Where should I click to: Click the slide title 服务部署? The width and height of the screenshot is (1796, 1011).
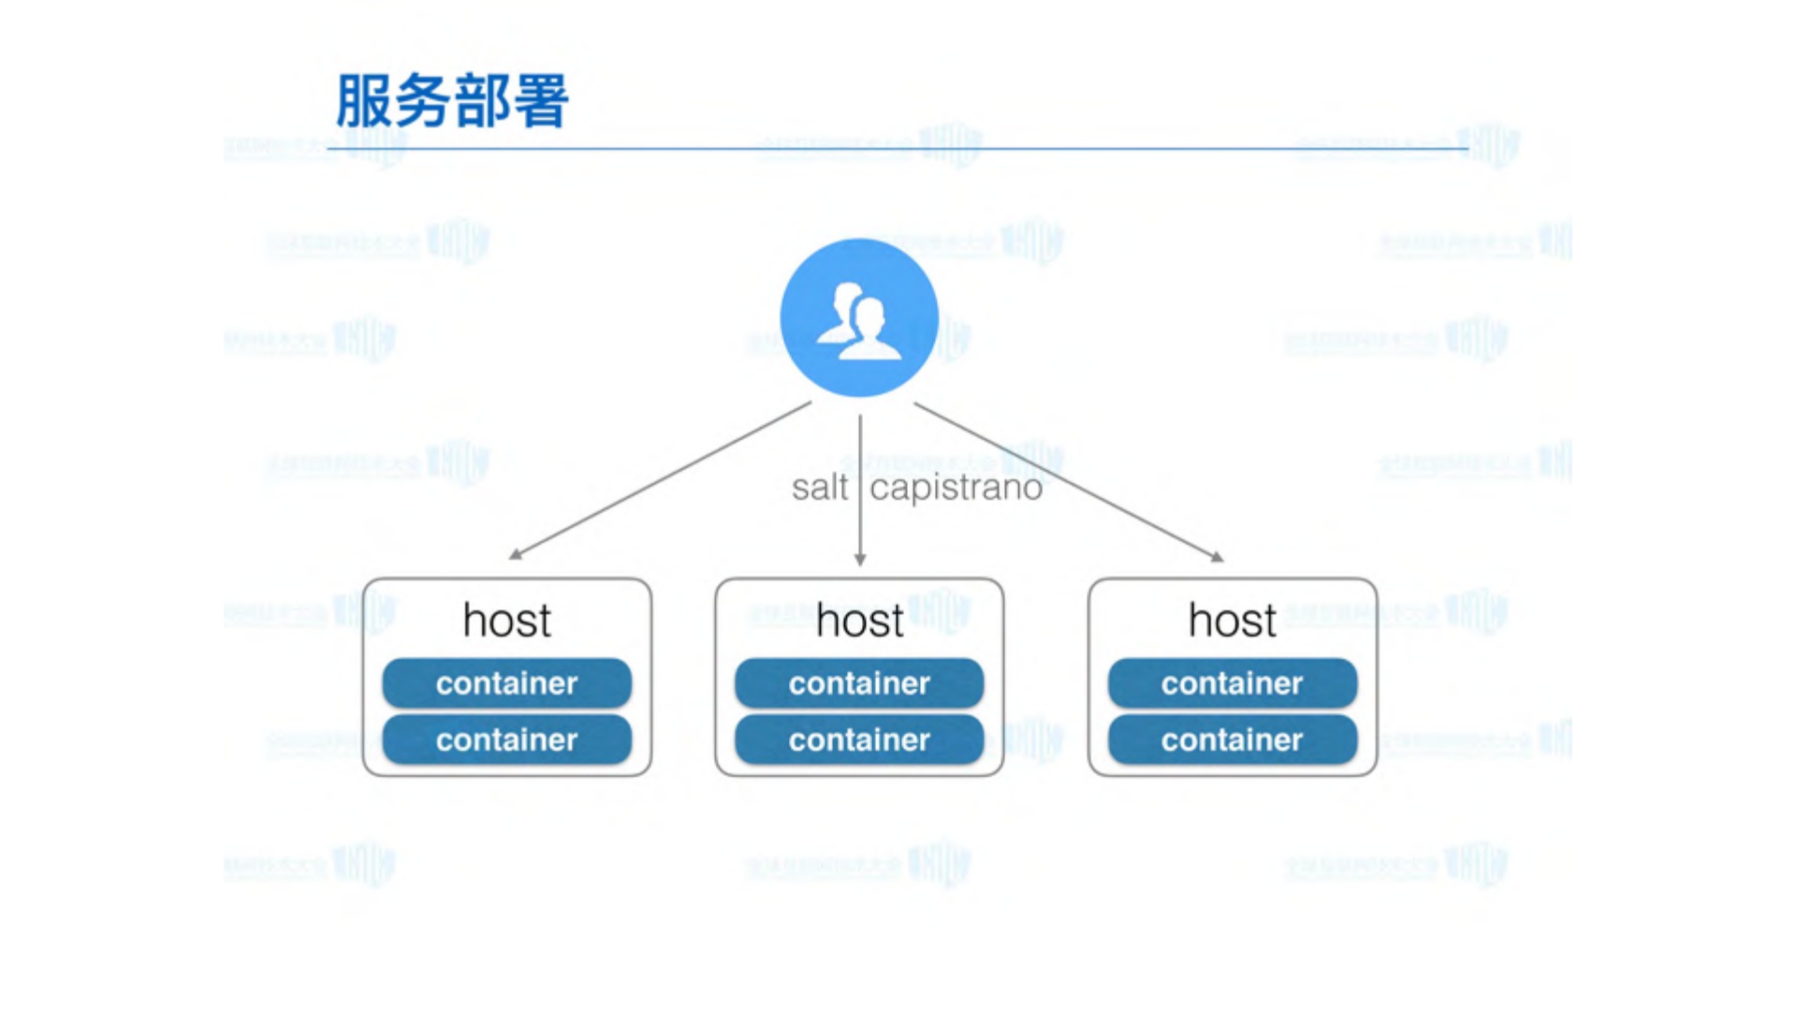(x=451, y=101)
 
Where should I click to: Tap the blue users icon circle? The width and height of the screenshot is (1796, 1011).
(x=859, y=317)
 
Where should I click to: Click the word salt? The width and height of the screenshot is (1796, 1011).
(x=819, y=488)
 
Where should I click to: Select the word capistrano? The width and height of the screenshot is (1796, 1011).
(x=956, y=488)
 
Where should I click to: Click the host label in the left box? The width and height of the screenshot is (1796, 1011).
(x=506, y=621)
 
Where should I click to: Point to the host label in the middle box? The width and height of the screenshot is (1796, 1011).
(x=859, y=621)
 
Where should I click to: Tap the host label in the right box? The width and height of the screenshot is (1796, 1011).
(x=1232, y=621)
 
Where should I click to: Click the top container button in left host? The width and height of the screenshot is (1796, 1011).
(x=506, y=683)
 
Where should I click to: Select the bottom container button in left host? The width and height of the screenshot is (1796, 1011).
(x=506, y=740)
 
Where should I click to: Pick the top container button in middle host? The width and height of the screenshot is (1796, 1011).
(x=859, y=683)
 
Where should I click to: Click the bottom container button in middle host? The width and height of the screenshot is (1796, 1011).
(x=859, y=740)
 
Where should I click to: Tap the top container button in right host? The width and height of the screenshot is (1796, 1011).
(x=1232, y=683)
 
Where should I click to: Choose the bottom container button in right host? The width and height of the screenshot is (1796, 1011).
(x=1232, y=740)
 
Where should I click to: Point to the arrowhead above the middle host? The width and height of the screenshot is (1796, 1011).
(x=860, y=559)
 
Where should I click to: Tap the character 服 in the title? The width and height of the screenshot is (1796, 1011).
(x=363, y=101)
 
